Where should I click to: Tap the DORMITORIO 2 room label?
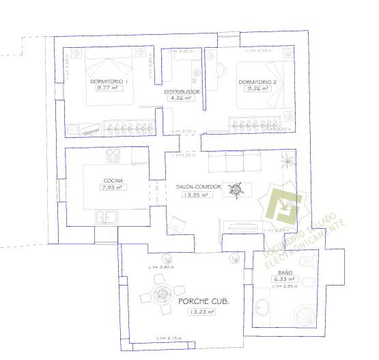coord(257,81)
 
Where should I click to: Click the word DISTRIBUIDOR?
coord(182,91)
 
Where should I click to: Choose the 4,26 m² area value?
coord(182,98)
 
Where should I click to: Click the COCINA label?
coord(113,180)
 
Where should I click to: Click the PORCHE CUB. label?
coord(203,301)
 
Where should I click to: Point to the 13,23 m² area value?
coord(202,311)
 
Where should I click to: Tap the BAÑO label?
coord(285,272)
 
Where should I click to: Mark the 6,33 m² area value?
coord(285,279)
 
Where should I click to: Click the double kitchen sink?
coord(107,218)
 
